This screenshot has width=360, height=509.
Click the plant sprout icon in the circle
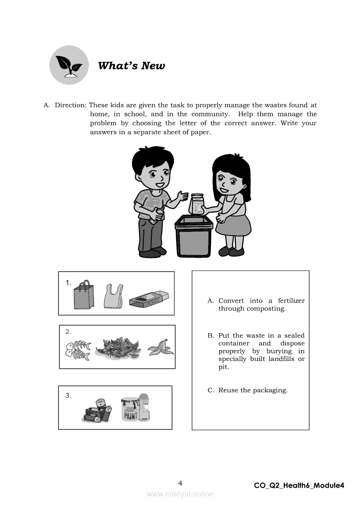(x=69, y=66)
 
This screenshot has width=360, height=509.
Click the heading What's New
(x=131, y=66)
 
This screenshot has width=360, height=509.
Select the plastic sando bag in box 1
(x=113, y=296)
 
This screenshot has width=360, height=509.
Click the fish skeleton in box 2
(x=78, y=350)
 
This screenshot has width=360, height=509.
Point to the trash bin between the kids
(x=194, y=236)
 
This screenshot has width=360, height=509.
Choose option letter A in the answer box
(x=211, y=301)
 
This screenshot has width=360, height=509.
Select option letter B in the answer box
(x=211, y=336)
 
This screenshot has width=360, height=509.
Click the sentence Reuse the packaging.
(x=253, y=390)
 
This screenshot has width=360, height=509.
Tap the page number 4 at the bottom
(x=180, y=483)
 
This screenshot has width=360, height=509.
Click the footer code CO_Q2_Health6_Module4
(x=299, y=485)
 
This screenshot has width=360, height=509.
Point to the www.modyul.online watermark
(x=180, y=494)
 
